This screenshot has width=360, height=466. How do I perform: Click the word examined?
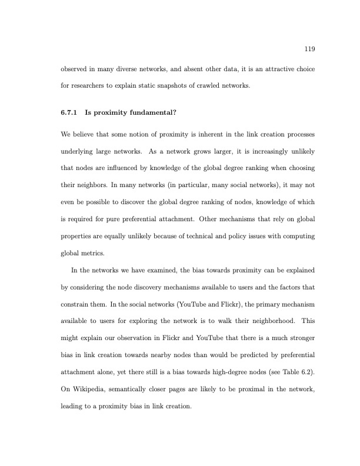click(x=169, y=271)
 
